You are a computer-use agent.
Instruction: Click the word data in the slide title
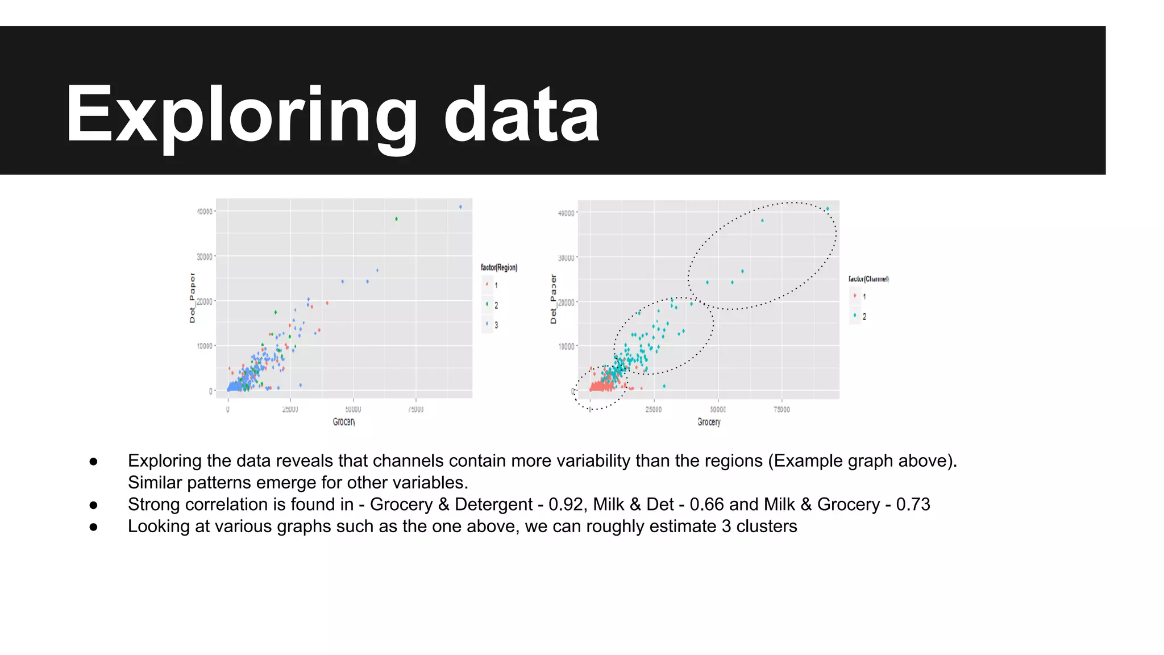click(521, 114)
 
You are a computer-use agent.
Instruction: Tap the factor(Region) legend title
click(499, 267)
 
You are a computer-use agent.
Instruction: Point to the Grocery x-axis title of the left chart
click(344, 422)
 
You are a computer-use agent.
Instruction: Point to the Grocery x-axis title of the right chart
click(709, 422)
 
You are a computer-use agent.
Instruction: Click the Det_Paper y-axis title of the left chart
click(192, 298)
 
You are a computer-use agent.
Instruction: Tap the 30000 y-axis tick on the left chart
click(205, 257)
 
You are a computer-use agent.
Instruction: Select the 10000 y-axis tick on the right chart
click(567, 346)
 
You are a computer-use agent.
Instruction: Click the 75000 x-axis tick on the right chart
click(781, 409)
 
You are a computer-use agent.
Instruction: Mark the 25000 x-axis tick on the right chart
click(654, 409)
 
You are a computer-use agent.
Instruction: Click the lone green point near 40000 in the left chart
click(396, 219)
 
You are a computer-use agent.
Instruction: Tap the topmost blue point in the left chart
click(460, 207)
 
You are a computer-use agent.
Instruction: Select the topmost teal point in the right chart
click(828, 209)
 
